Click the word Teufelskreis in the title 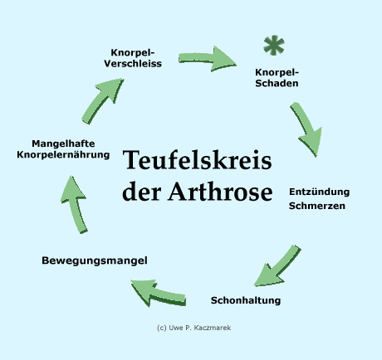click(197, 160)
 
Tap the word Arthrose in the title click(220, 192)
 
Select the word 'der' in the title click(142, 192)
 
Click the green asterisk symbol click(274, 45)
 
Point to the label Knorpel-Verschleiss click(133, 58)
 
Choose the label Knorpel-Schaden click(277, 78)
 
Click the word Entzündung click(319, 192)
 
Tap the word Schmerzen click(317, 206)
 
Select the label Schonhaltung click(246, 300)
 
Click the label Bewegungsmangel click(95, 260)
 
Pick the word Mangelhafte click(63, 144)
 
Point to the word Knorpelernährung click(63, 155)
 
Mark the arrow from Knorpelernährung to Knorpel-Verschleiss click(101, 102)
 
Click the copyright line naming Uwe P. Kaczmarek click(193, 328)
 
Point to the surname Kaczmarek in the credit click(213, 328)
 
